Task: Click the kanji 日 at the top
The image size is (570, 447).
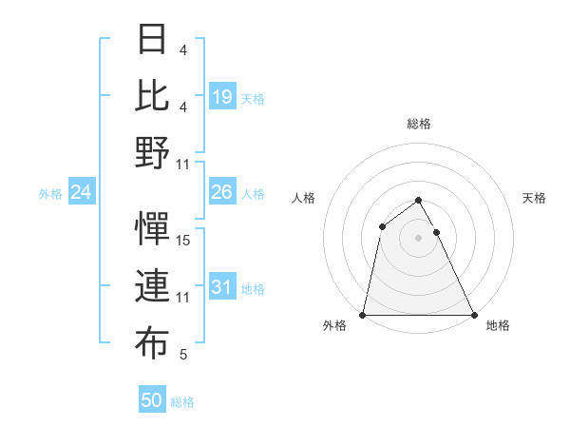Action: [x=153, y=39]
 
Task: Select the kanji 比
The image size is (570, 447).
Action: [x=153, y=95]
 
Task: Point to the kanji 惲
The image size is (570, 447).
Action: [x=153, y=229]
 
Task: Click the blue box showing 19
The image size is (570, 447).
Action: [x=222, y=96]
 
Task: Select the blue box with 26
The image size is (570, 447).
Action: [x=222, y=192]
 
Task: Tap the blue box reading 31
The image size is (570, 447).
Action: [x=222, y=287]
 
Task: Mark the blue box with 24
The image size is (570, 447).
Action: [x=82, y=192]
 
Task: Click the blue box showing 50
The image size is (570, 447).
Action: [x=152, y=400]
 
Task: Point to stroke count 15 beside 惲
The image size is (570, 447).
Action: [x=183, y=241]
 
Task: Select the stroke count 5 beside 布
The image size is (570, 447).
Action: [x=183, y=355]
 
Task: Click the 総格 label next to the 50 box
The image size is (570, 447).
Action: [x=182, y=402]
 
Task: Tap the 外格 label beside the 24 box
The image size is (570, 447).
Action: [x=50, y=194]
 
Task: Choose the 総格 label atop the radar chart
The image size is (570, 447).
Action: [x=418, y=125]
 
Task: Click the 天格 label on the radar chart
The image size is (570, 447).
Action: [x=535, y=198]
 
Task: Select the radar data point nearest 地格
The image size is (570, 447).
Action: [x=473, y=314]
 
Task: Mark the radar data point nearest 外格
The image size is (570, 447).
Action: [x=363, y=314]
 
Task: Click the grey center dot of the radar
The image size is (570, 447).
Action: [x=418, y=238]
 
